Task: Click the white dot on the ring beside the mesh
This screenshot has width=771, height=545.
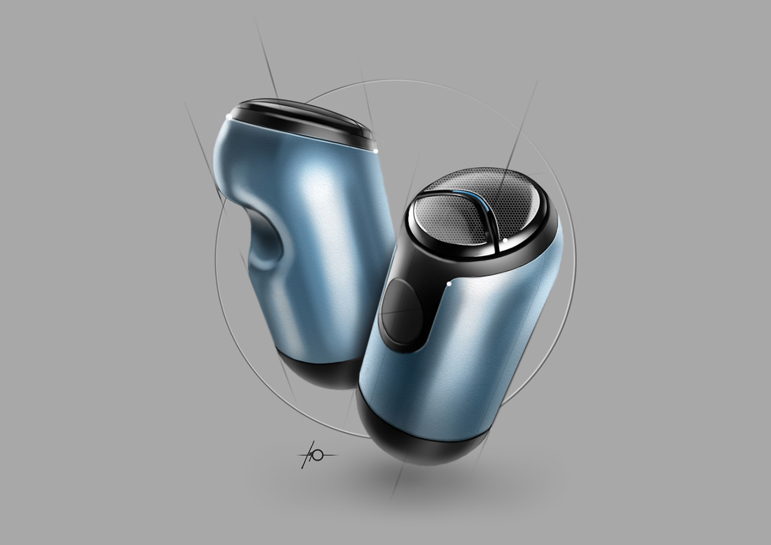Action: click(x=506, y=240)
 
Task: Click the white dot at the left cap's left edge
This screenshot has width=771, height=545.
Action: click(x=229, y=116)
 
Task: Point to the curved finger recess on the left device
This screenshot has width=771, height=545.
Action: click(x=270, y=242)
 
